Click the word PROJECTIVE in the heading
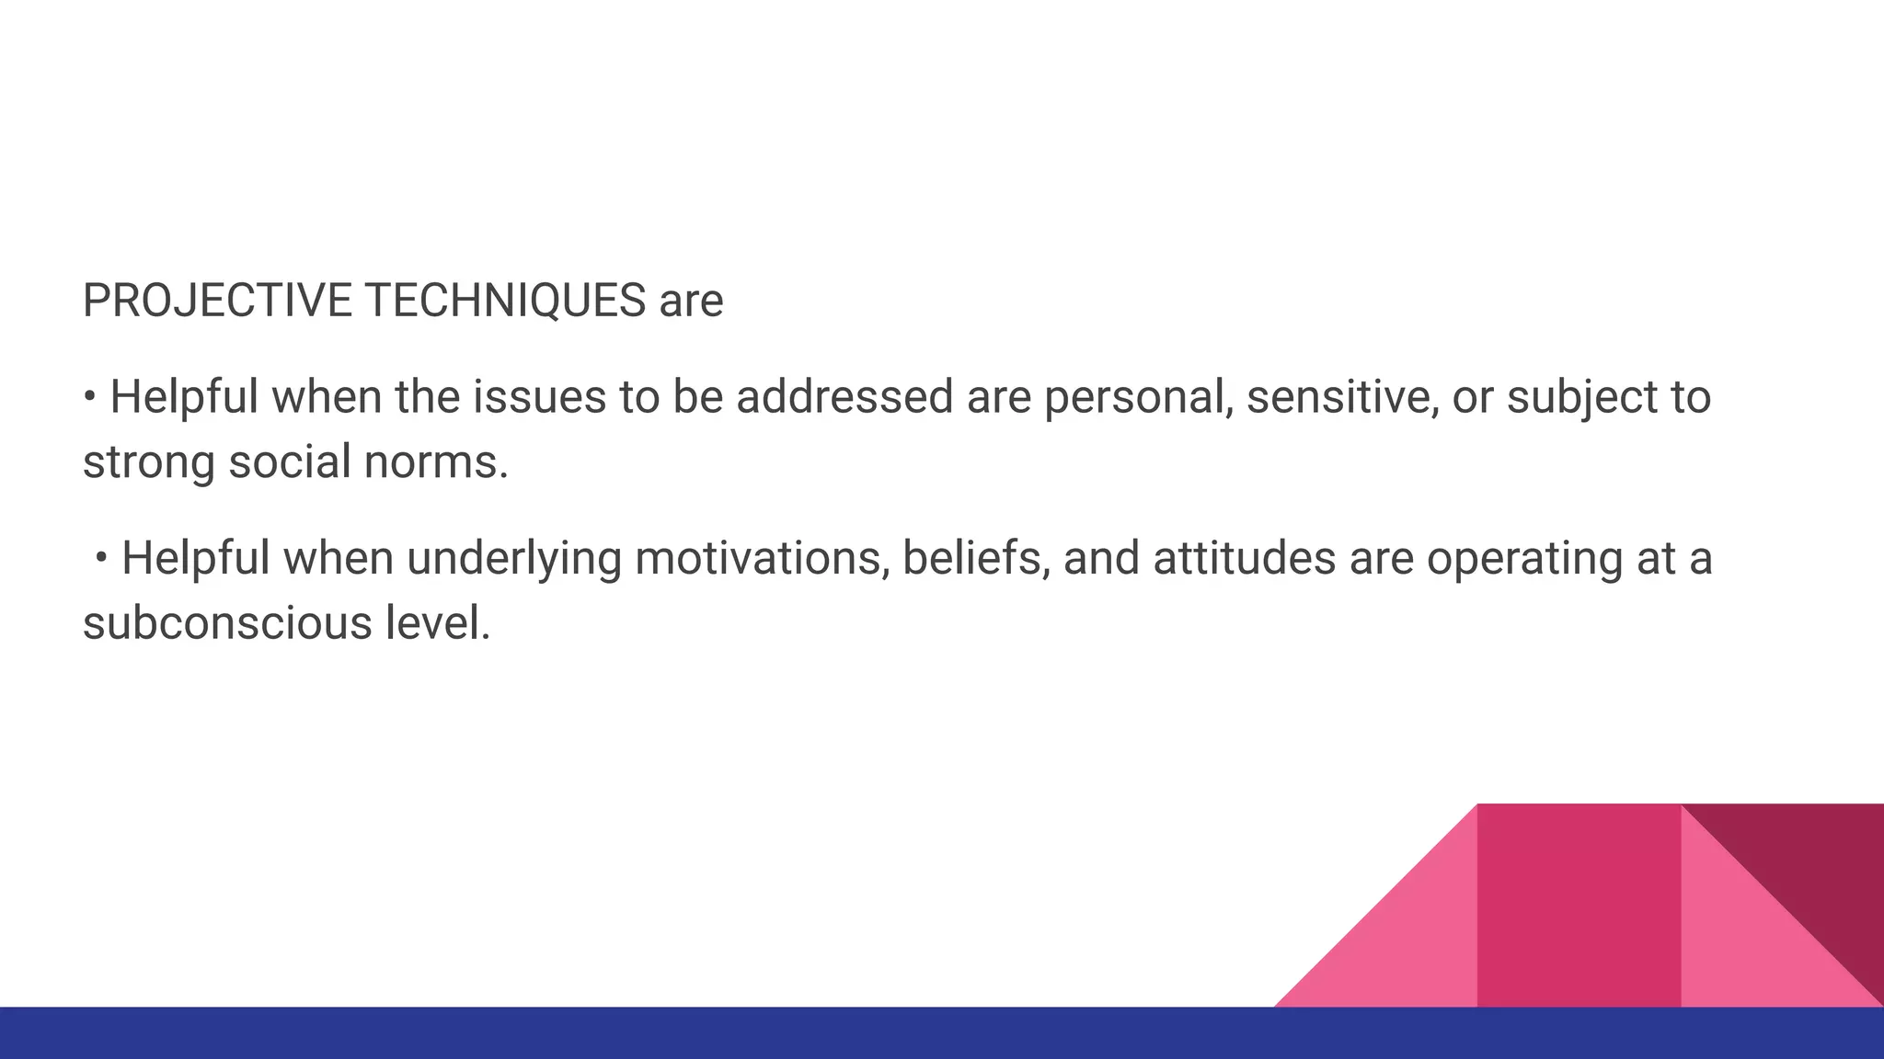(x=217, y=301)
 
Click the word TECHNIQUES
(x=505, y=301)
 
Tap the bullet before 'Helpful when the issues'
(x=89, y=397)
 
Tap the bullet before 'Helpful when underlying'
(x=101, y=558)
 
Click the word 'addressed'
(x=844, y=397)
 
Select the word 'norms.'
(x=435, y=461)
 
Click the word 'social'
(x=290, y=461)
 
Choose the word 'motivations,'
(x=762, y=558)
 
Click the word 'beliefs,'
(x=976, y=558)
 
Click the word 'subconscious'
(x=227, y=623)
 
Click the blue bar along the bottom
(x=644, y=1033)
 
